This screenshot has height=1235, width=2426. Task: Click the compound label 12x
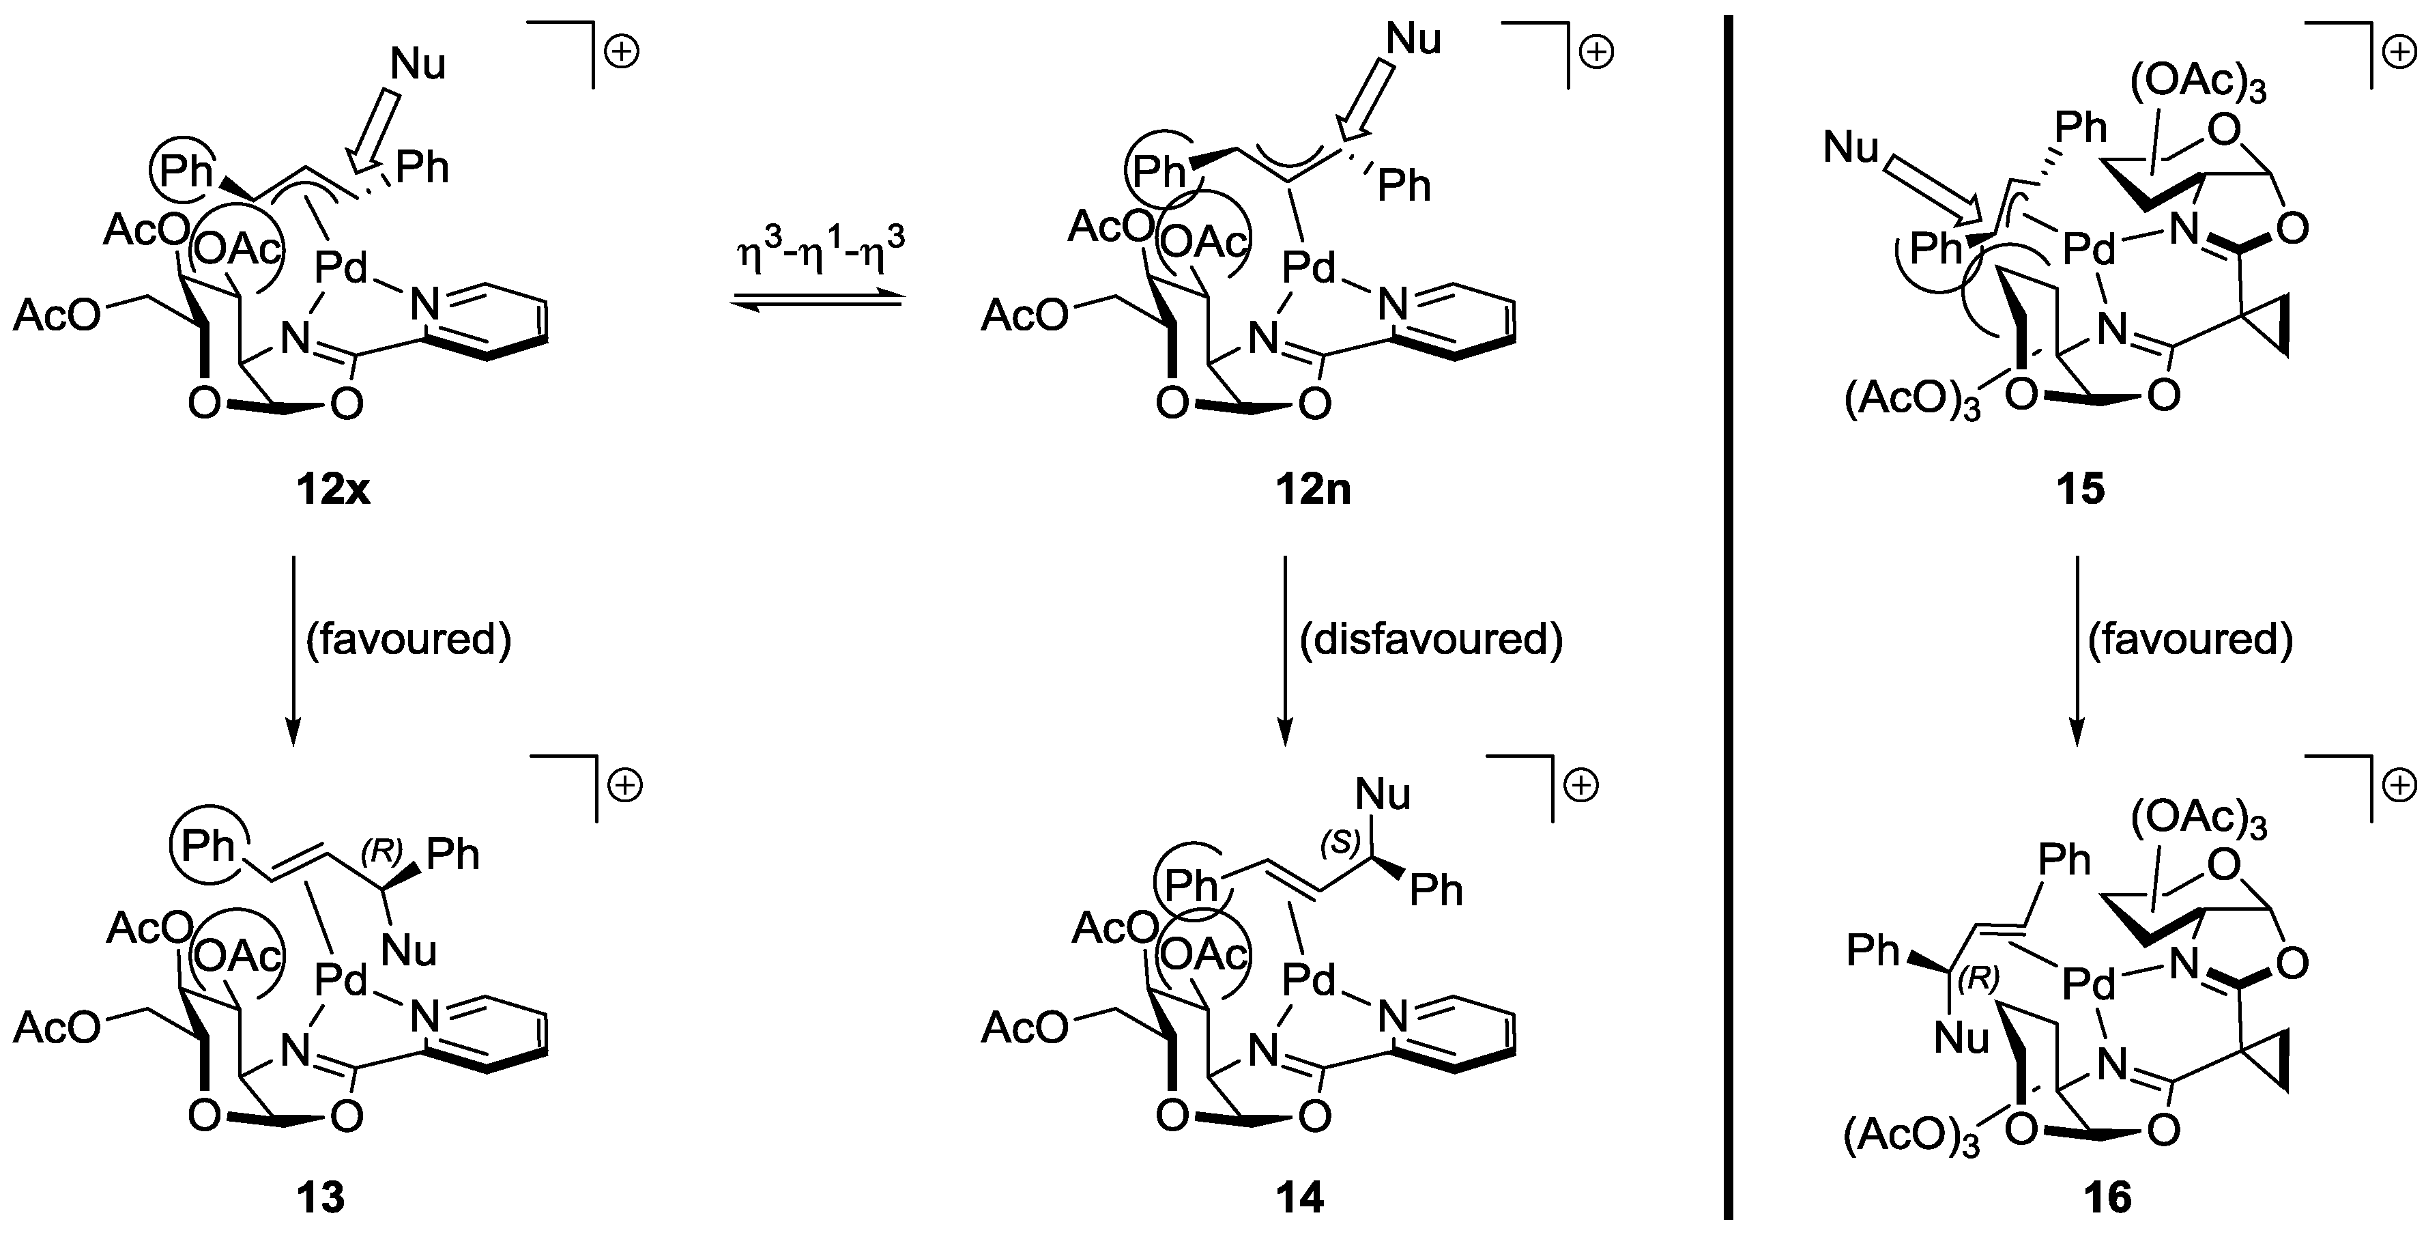(332, 490)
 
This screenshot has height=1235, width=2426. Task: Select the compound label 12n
(1313, 490)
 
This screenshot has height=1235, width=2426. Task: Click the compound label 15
(2079, 490)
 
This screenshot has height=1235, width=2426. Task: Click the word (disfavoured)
(1430, 640)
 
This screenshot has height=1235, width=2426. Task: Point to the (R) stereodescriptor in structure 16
(1978, 980)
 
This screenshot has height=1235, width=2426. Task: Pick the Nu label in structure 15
(1851, 149)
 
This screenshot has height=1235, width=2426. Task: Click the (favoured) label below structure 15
(2190, 640)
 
